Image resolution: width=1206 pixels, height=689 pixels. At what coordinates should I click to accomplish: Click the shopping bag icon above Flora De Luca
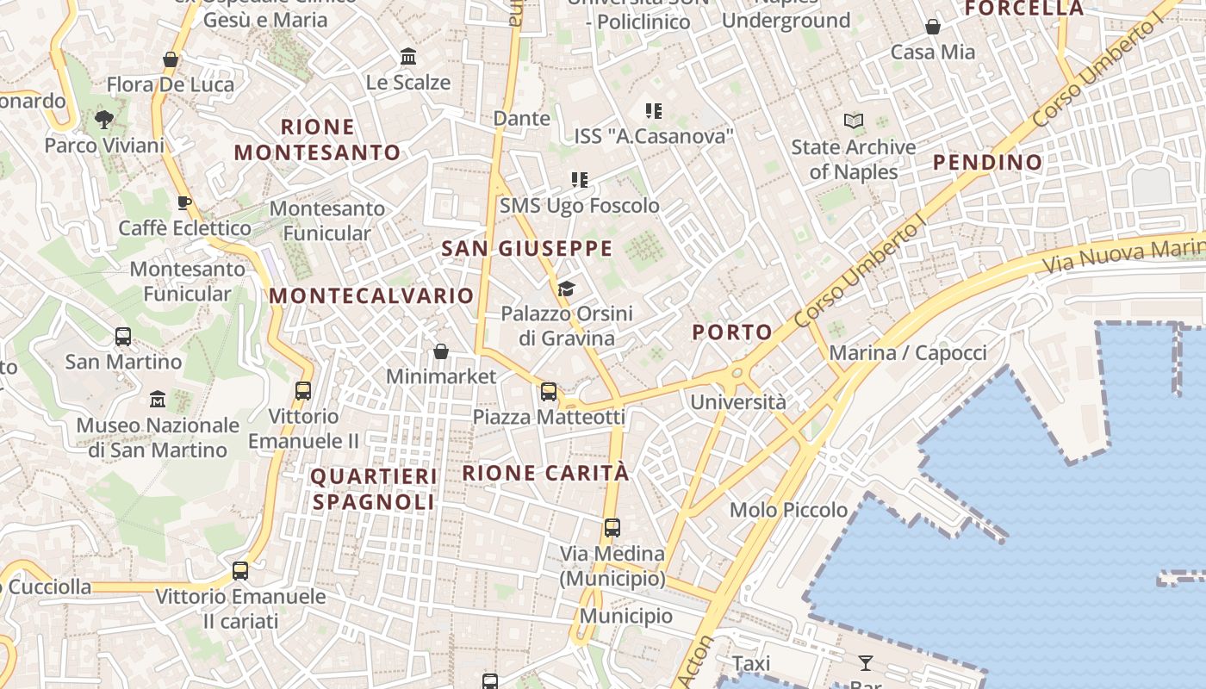tap(171, 59)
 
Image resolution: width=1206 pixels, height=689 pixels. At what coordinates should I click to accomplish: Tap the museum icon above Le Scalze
tap(408, 57)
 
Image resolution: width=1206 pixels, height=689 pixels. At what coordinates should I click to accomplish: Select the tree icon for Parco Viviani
tap(104, 120)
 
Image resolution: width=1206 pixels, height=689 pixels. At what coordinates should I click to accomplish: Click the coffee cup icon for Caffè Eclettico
tap(183, 203)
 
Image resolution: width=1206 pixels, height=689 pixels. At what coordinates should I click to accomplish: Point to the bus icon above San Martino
tap(123, 337)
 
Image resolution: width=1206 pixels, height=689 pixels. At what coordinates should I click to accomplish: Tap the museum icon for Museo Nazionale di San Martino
tap(158, 400)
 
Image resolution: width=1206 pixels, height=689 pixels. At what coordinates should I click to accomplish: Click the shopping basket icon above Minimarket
tap(441, 351)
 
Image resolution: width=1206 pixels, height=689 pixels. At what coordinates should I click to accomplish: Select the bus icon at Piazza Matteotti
tap(549, 392)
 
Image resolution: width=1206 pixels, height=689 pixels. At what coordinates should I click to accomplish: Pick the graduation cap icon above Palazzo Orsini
tap(566, 289)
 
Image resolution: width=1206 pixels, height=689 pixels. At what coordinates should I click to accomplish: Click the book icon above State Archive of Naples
tap(854, 121)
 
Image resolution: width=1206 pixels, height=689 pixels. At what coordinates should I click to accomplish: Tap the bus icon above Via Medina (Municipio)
tap(612, 528)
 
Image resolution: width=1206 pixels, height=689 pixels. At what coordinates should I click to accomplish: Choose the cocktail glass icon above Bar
tap(866, 662)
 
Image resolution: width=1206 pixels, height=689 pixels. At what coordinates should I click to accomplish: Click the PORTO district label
tap(732, 332)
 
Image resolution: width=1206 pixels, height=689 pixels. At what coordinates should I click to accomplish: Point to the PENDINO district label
tap(987, 162)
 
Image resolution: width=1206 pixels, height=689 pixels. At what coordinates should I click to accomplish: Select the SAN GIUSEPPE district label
tap(526, 249)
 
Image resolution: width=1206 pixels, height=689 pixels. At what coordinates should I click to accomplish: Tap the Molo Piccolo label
tap(788, 510)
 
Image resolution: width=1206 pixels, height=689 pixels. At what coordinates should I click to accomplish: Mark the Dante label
tap(521, 118)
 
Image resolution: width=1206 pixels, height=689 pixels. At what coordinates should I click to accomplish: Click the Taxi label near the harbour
tap(751, 663)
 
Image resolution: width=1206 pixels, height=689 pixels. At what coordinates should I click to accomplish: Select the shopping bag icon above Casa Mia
tap(933, 28)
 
